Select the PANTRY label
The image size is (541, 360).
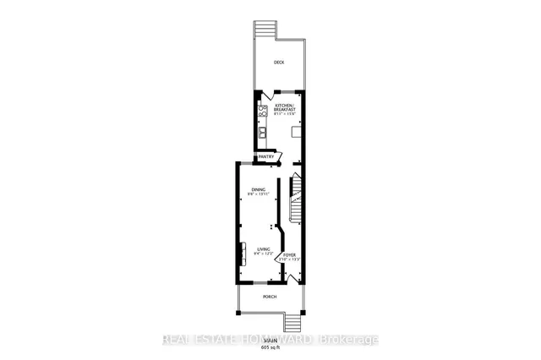click(x=266, y=156)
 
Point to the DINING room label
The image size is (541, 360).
click(x=258, y=189)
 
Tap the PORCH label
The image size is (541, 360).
click(x=270, y=297)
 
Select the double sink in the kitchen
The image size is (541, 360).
click(x=263, y=131)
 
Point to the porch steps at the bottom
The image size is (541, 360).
click(x=293, y=321)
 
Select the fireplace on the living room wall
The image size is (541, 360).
click(x=240, y=254)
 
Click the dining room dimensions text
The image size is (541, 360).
click(x=258, y=194)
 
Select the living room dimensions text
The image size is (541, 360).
click(x=263, y=254)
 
